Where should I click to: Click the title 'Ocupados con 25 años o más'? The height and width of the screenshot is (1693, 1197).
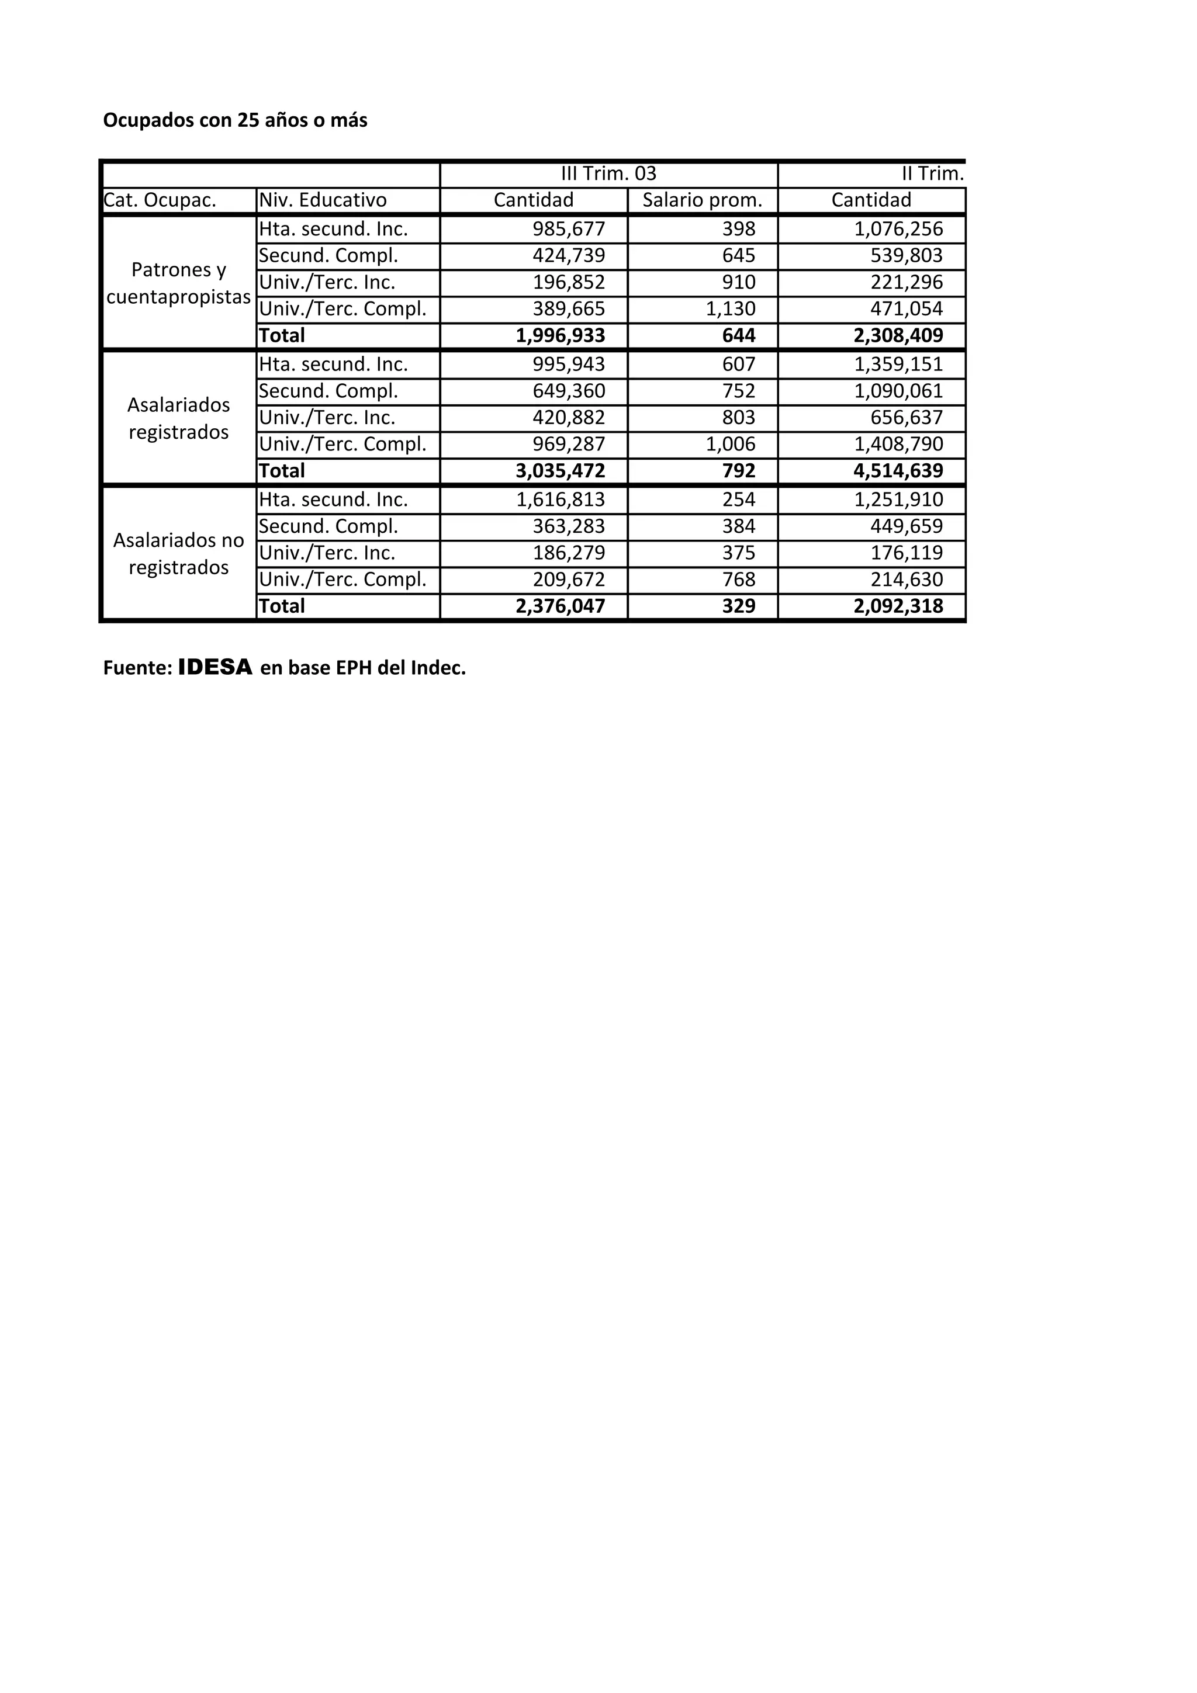click(x=236, y=120)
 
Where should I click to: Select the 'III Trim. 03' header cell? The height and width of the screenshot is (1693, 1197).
click(x=608, y=174)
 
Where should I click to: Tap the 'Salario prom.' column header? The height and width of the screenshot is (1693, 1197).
click(x=702, y=200)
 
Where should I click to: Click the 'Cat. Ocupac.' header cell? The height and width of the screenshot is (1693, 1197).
click(x=160, y=200)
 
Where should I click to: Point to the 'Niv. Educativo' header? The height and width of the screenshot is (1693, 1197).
click(x=323, y=200)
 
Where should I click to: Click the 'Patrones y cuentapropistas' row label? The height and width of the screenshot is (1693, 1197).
click(x=178, y=283)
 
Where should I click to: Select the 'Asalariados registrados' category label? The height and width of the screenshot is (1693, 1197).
click(x=178, y=418)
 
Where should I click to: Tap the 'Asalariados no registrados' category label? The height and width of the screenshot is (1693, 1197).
click(x=178, y=554)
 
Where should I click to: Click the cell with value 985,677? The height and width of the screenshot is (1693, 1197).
click(x=569, y=230)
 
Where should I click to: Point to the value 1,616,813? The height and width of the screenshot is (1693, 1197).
click(x=560, y=500)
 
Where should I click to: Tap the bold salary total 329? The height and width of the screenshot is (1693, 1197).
click(x=738, y=606)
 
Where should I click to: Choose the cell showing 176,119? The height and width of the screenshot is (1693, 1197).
click(x=907, y=553)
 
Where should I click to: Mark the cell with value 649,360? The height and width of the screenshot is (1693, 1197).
click(x=569, y=391)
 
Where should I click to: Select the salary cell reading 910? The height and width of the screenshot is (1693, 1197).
click(x=738, y=282)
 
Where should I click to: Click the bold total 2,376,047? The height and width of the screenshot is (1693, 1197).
click(x=560, y=606)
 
